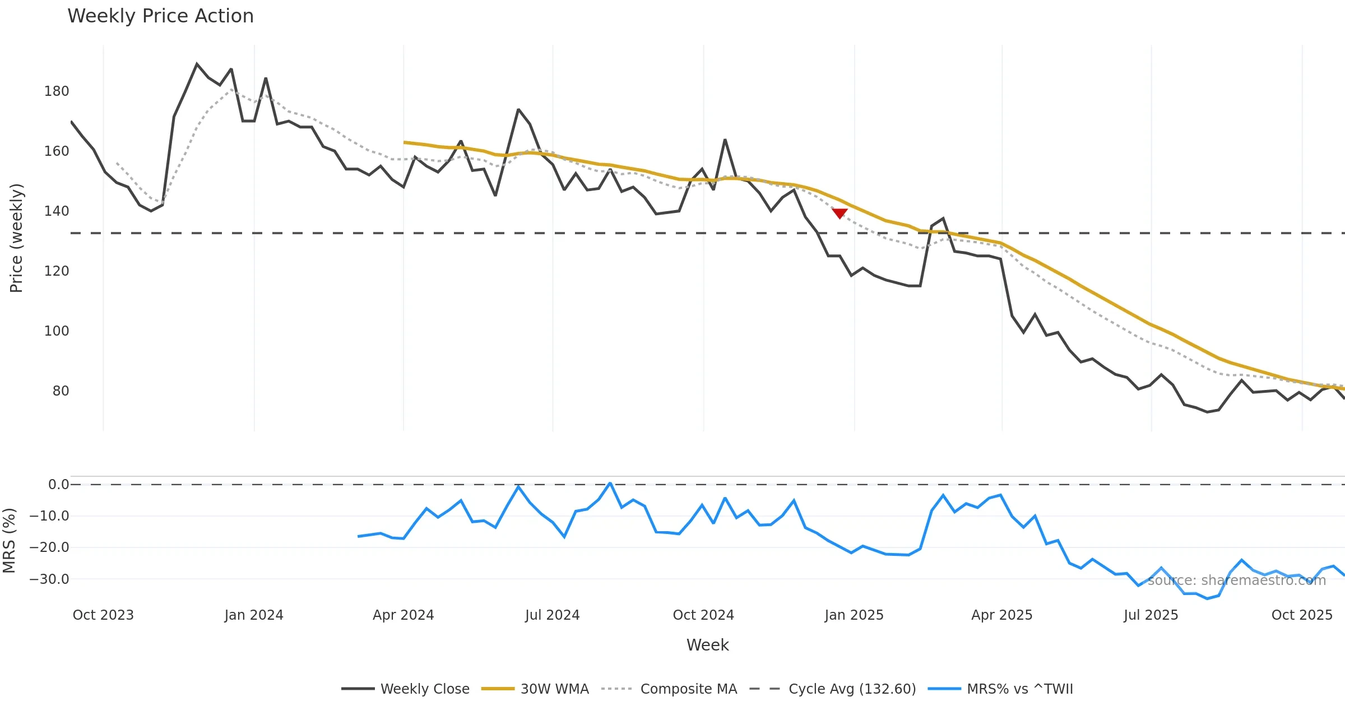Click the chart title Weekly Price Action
160,16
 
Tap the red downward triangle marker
840,213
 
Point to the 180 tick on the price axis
57,91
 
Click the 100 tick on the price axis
57,331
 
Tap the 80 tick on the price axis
61,391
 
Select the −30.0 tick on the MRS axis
49,579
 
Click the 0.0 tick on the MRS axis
58,485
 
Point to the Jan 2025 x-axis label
854,615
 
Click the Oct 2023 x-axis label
103,615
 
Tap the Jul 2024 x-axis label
553,615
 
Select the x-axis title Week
707,645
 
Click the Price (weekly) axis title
16,238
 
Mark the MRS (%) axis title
9,541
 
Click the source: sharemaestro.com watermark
1236,580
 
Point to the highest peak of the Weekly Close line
197,64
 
